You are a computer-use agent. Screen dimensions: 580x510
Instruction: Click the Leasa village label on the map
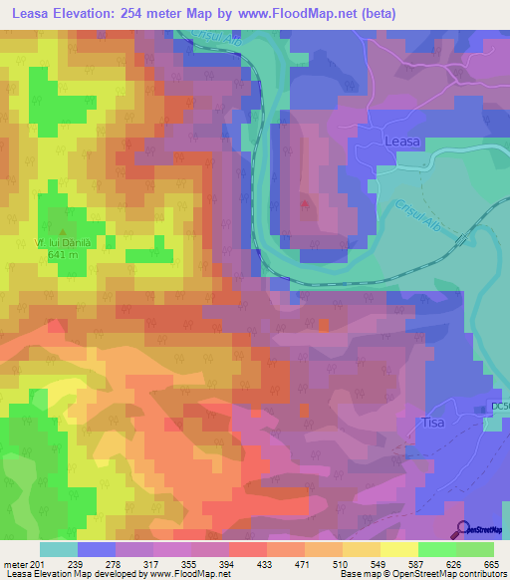pyautogui.click(x=402, y=144)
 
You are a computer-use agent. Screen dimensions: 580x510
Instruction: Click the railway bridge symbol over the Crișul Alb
pyautogui.click(x=460, y=239)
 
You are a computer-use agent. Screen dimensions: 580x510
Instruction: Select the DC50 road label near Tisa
pyautogui.click(x=499, y=406)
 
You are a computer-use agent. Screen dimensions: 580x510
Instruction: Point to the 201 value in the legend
pyautogui.click(x=38, y=564)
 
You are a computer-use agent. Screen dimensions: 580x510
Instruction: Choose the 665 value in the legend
pyautogui.click(x=492, y=564)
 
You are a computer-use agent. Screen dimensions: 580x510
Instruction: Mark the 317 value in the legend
pyautogui.click(x=151, y=564)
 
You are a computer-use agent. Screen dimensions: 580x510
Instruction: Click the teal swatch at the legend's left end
pyautogui.click(x=58, y=549)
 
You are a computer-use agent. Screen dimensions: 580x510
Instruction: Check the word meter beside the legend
pyautogui.click(x=15, y=564)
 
